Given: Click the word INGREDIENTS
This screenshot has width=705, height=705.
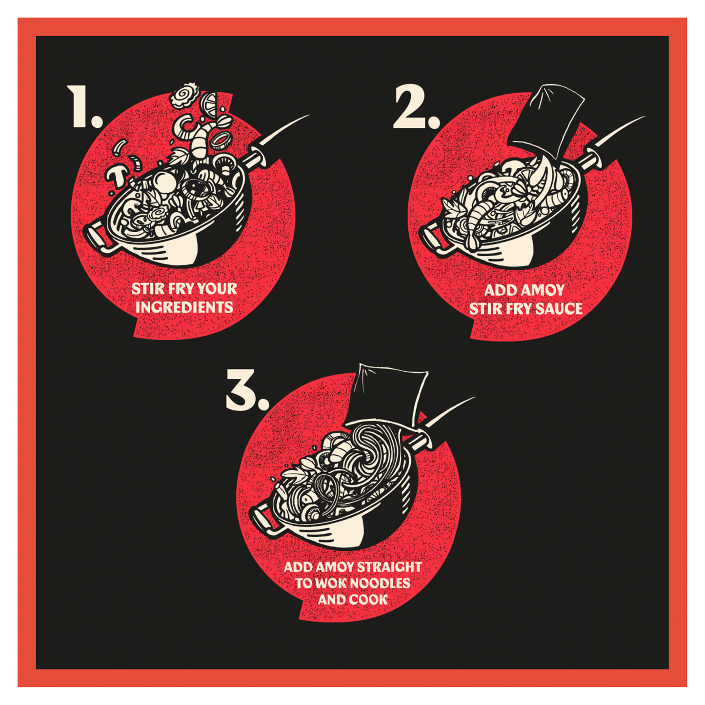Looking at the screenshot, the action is pyautogui.click(x=184, y=308).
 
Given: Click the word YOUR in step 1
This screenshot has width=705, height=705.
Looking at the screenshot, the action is pyautogui.click(x=217, y=289).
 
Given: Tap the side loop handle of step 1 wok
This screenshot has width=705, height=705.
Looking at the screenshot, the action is pyautogui.click(x=97, y=239).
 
